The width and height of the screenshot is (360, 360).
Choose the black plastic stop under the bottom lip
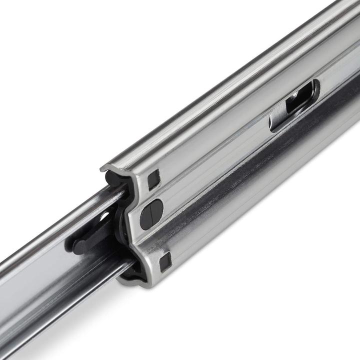click(131, 272)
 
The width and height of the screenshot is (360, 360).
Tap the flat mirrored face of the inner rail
click(40, 270)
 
